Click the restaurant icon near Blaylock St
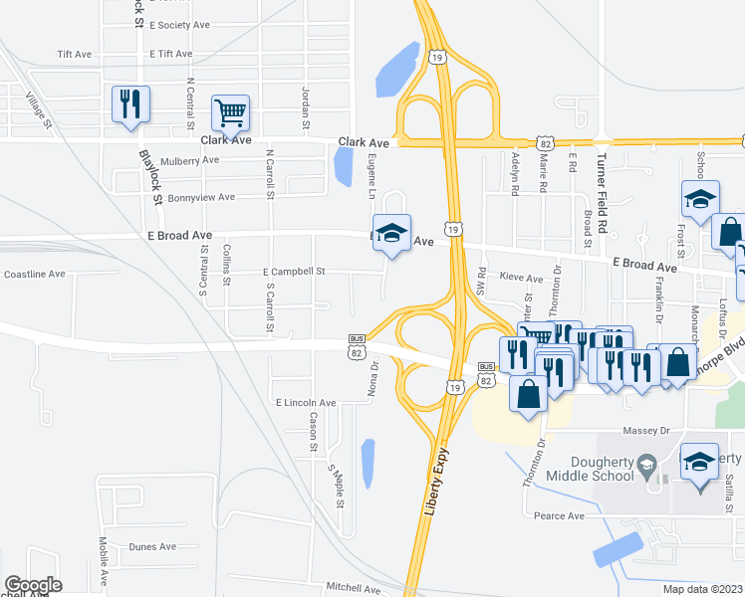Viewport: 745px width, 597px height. click(x=130, y=103)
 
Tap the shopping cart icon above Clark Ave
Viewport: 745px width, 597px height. click(x=230, y=113)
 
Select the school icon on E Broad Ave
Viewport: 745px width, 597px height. click(x=392, y=233)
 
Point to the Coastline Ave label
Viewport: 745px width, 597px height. click(x=35, y=274)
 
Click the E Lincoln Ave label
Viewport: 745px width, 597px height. click(x=306, y=402)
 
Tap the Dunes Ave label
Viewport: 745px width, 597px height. click(x=152, y=546)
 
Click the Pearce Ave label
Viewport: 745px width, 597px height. click(x=559, y=515)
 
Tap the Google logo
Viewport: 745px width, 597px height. click(x=32, y=585)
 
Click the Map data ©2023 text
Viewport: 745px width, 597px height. click(x=703, y=589)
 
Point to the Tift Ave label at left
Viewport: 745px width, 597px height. click(x=74, y=54)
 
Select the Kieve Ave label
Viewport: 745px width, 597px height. click(x=521, y=279)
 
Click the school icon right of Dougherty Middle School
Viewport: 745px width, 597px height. click(x=699, y=462)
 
